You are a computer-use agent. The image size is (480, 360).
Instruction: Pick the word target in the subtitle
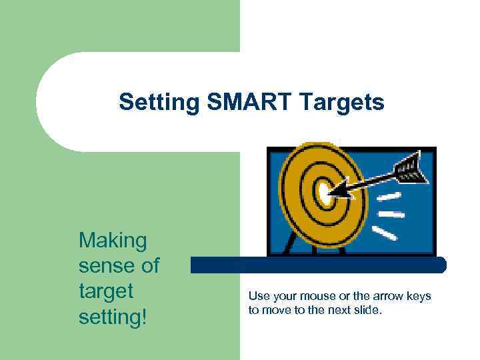coord(106,291)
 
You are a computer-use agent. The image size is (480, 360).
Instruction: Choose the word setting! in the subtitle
coord(112,317)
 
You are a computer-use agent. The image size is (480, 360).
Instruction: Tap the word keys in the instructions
coord(418,296)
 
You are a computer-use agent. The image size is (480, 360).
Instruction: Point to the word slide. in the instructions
coord(368,309)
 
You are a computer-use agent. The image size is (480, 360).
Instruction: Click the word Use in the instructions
coord(258,296)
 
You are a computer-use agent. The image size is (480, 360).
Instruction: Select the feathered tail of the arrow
coord(410,165)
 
